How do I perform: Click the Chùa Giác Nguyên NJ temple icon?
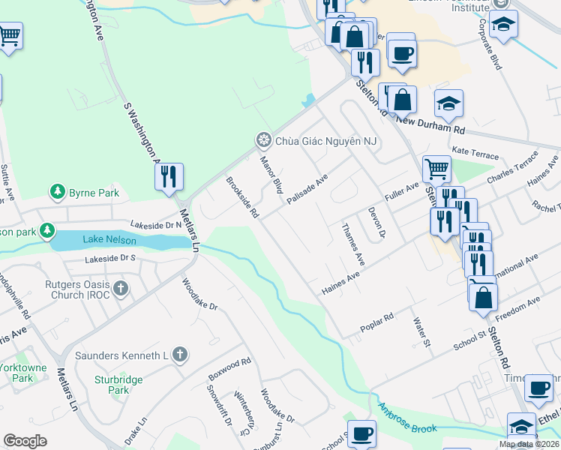click(263, 140)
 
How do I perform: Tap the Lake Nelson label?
click(103, 239)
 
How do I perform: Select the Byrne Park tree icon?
click(57, 193)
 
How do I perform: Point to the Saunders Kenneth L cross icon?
click(178, 354)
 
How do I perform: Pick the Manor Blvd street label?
click(270, 174)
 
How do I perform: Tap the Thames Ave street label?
click(352, 244)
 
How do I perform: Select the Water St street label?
click(421, 332)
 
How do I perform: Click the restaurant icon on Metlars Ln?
click(169, 176)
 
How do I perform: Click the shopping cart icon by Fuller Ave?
click(436, 169)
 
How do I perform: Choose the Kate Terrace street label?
click(475, 151)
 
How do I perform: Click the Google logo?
click(25, 441)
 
